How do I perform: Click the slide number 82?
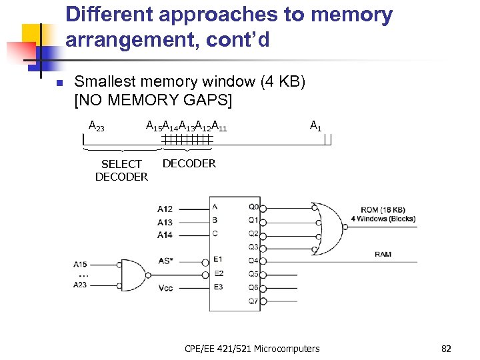tap(446, 349)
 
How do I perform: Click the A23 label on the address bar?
tap(97, 125)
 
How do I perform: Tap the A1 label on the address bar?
tap(316, 125)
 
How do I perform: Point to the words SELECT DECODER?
tap(121, 170)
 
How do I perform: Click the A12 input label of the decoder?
tap(165, 209)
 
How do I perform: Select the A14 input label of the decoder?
tap(165, 235)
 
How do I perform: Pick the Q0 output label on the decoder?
tap(253, 206)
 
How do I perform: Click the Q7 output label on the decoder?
tap(253, 301)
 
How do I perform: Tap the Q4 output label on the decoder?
tap(253, 260)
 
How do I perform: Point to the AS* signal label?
tap(167, 261)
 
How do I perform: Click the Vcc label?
tap(167, 288)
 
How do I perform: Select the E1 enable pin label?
tap(218, 259)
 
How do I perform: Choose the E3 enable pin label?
tap(218, 287)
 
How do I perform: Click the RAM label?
tap(383, 254)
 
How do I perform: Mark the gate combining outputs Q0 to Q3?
tap(330, 227)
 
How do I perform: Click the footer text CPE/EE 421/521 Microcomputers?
tap(252, 349)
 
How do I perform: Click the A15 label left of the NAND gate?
tap(80, 265)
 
